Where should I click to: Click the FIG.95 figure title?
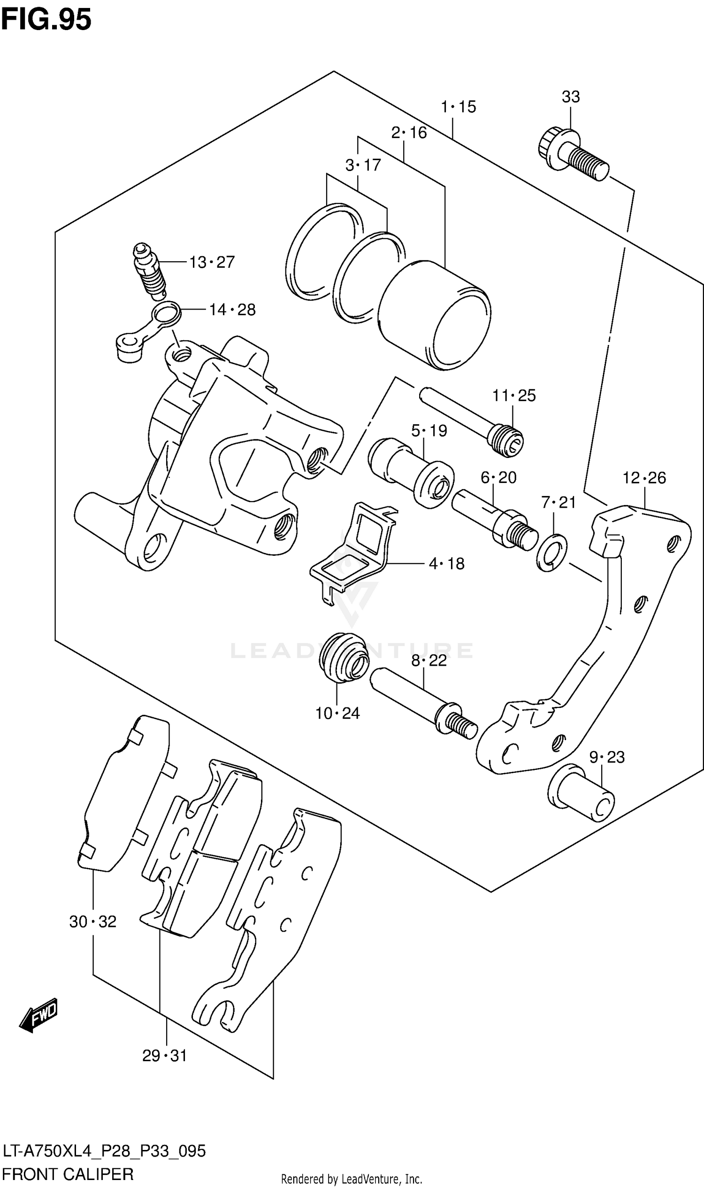point(46,20)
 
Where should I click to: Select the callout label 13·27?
point(212,262)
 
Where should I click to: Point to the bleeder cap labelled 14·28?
point(148,332)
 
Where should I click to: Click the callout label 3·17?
point(363,165)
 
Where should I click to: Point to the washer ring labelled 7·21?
point(552,553)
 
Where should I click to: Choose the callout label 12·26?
point(644,478)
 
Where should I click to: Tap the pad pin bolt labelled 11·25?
point(472,422)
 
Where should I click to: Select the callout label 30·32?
point(93,922)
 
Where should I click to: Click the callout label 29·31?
point(165,1056)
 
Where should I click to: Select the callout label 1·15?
point(458,107)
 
